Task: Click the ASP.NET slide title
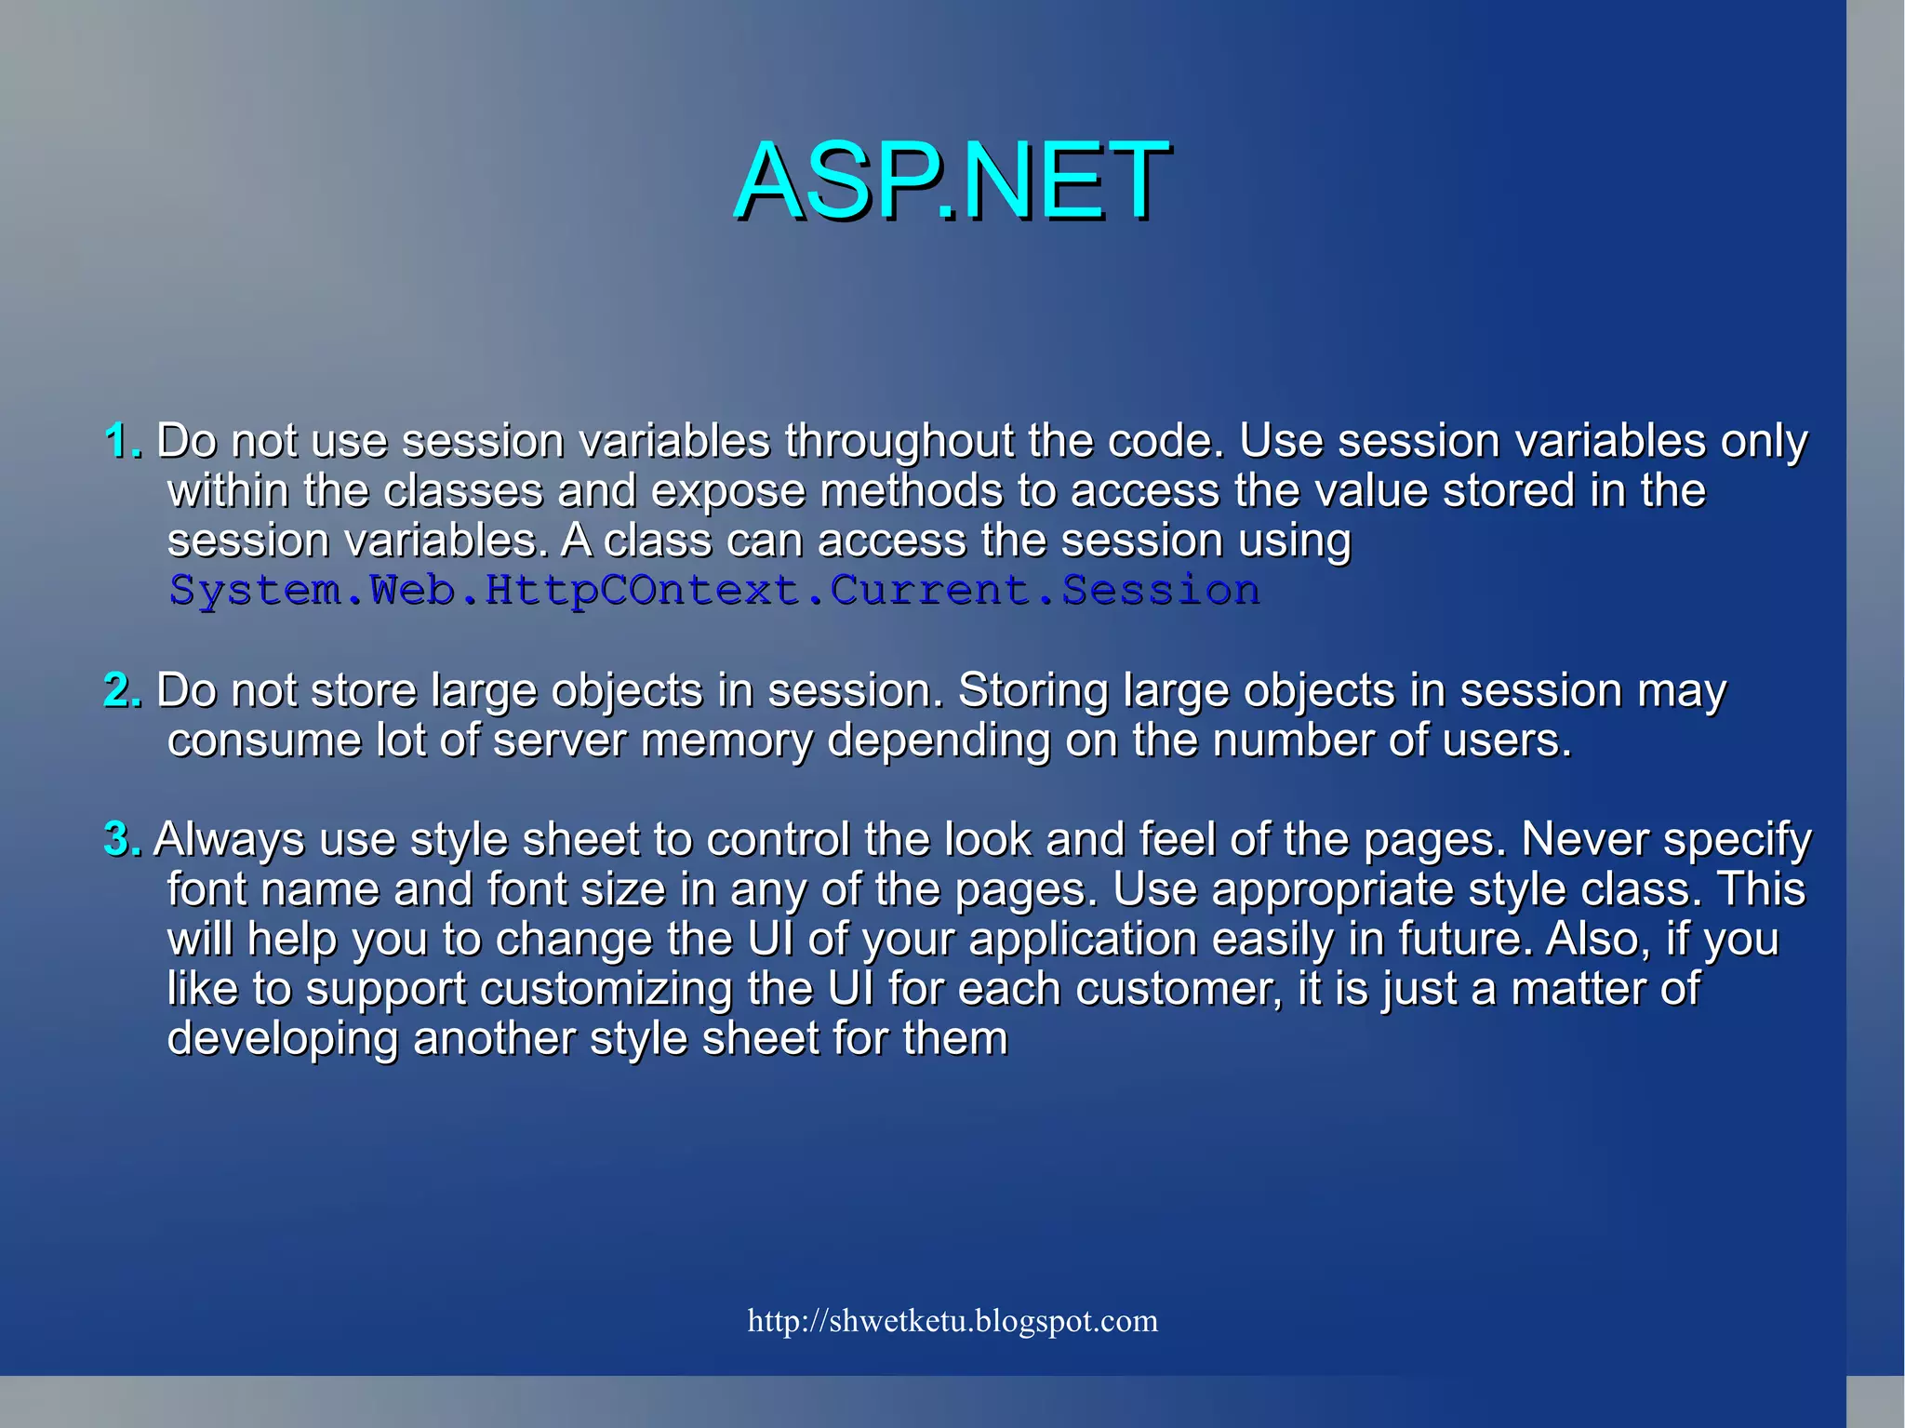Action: (x=952, y=180)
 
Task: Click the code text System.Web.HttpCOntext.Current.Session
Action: (x=714, y=591)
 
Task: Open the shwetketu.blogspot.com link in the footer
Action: (x=952, y=1321)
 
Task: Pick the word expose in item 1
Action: (x=727, y=491)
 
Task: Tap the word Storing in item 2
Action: (x=1032, y=691)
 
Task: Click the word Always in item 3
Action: (x=229, y=840)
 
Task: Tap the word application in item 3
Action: (x=1083, y=940)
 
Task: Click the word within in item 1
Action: (x=228, y=491)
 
